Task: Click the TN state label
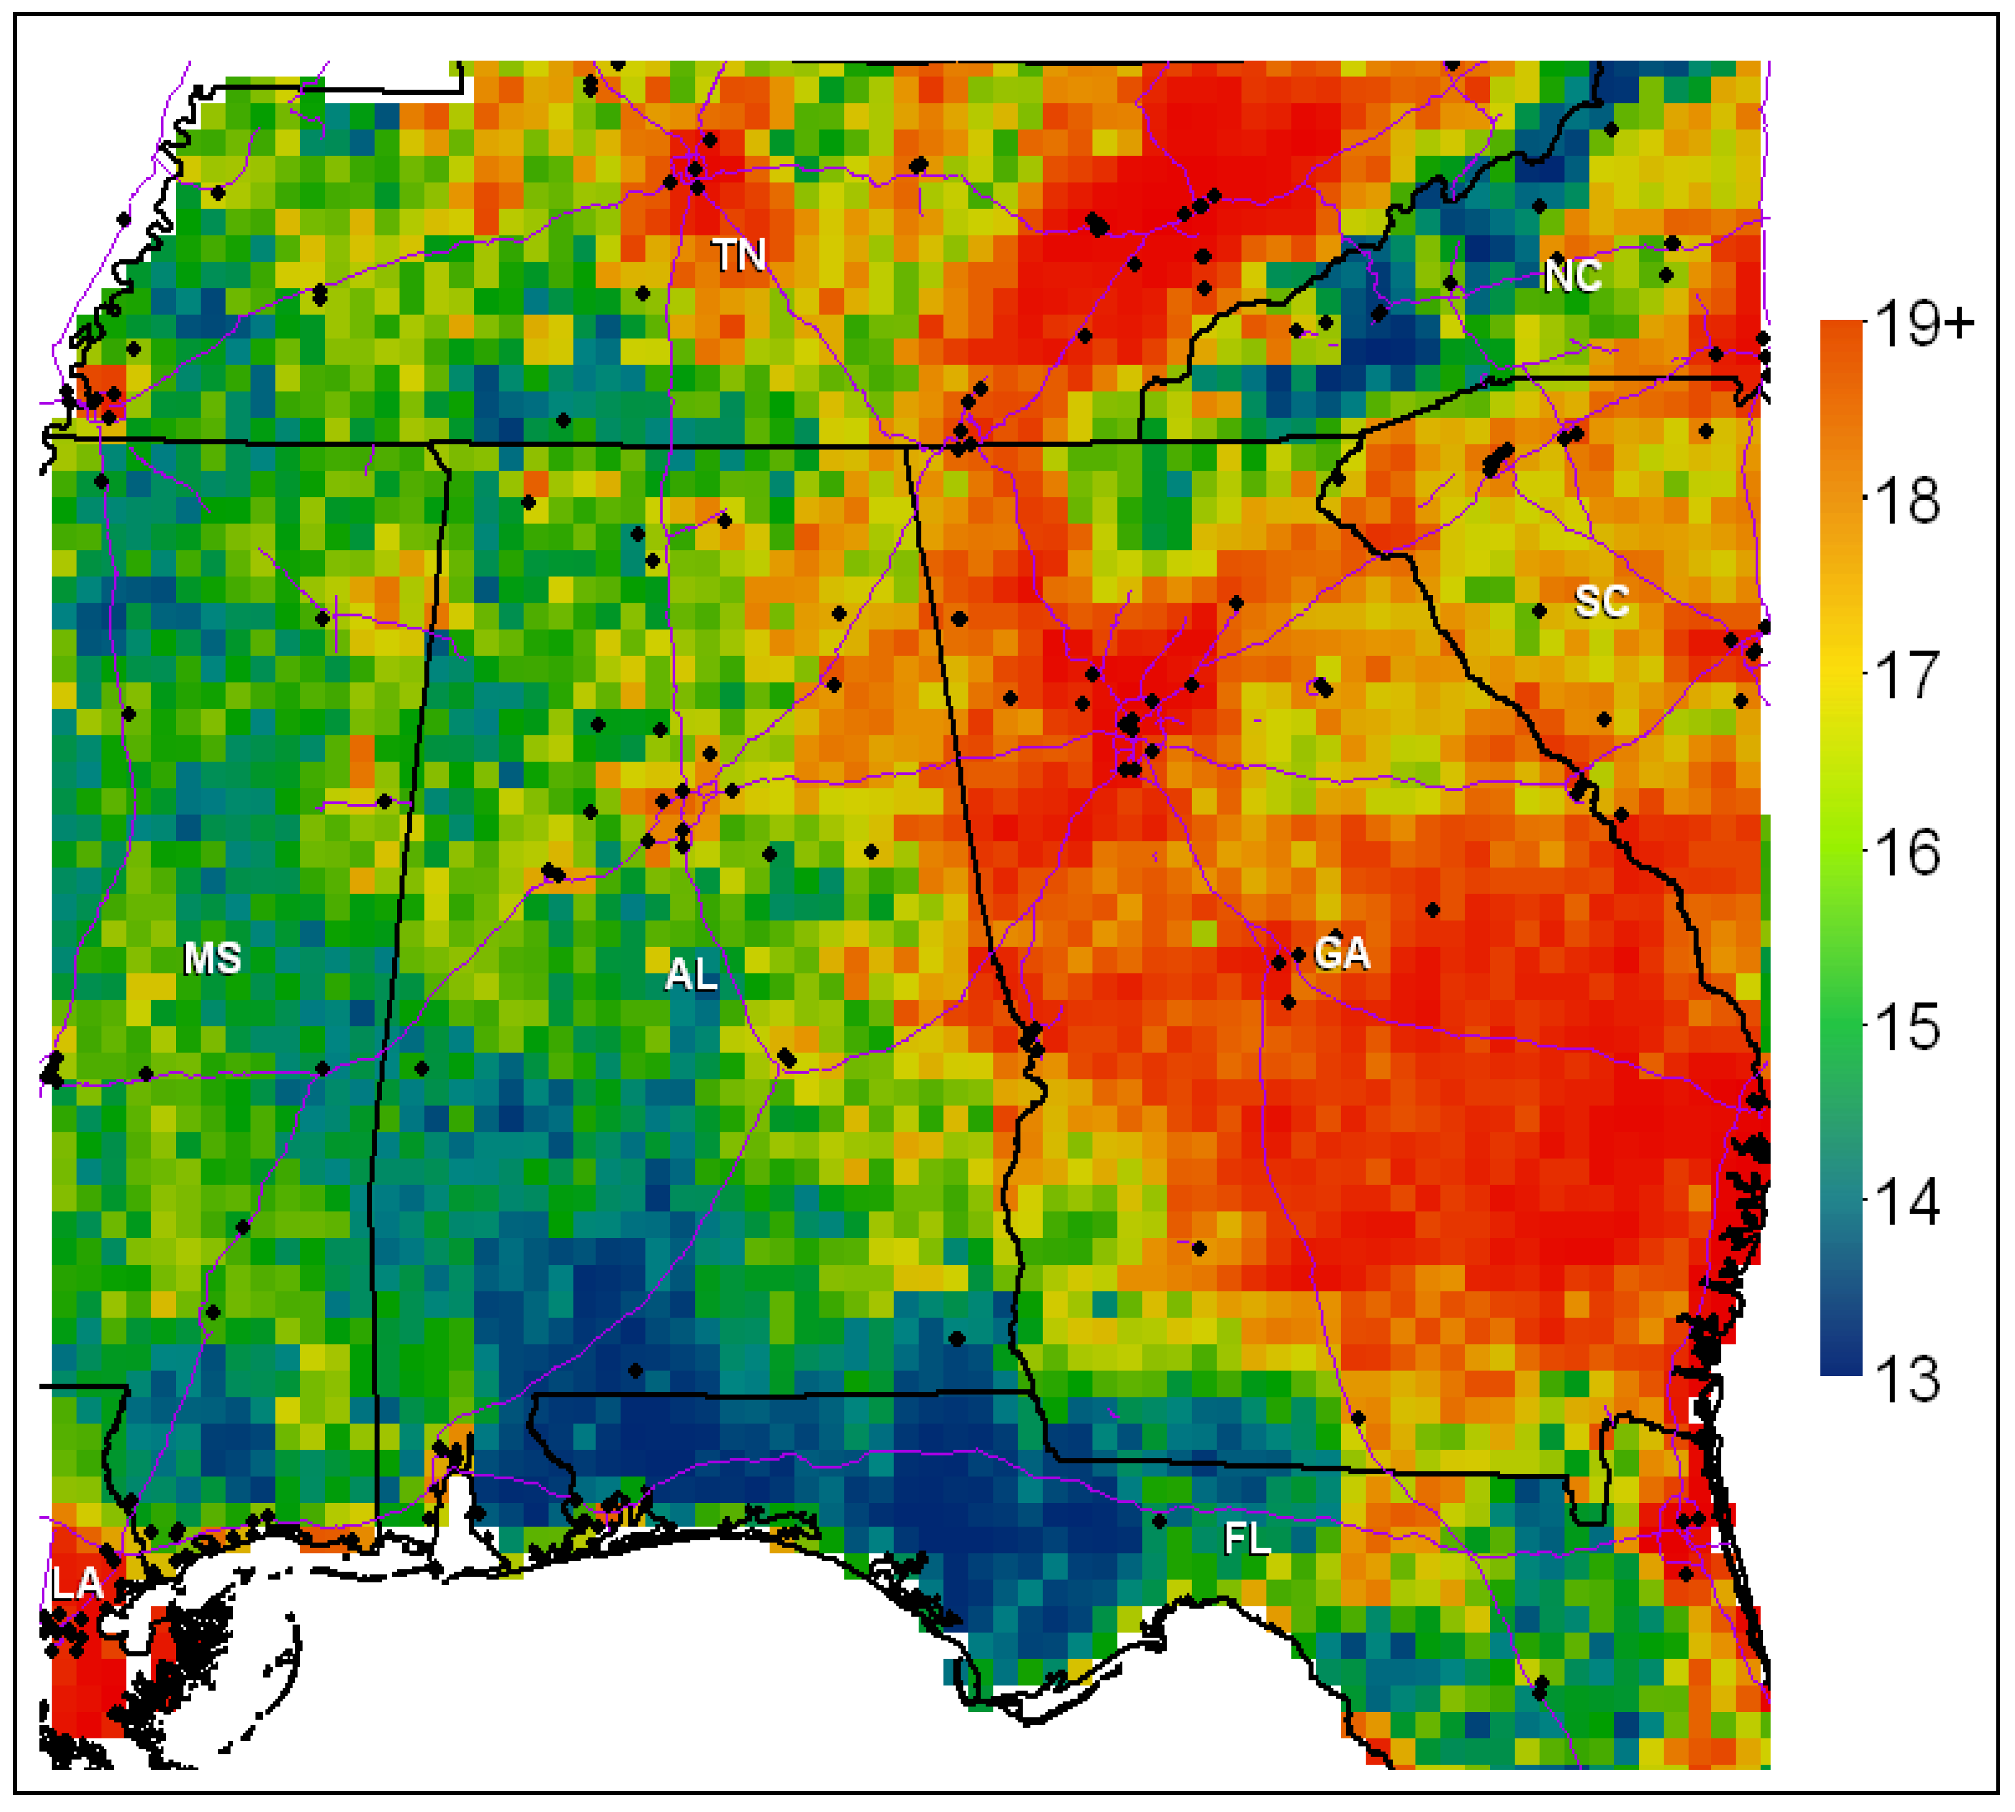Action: (x=739, y=256)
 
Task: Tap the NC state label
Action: (x=1573, y=276)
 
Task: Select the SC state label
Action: (x=1601, y=602)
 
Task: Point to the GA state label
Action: (x=1341, y=954)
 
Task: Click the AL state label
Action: (x=691, y=974)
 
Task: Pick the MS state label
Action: (x=212, y=959)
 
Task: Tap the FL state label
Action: (x=1246, y=1540)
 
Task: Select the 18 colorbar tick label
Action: (x=1907, y=501)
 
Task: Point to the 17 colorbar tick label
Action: (x=1907, y=676)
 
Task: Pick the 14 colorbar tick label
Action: (x=1907, y=1203)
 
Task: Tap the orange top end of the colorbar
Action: (x=1841, y=333)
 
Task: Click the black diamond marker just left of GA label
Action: (x=1298, y=955)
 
